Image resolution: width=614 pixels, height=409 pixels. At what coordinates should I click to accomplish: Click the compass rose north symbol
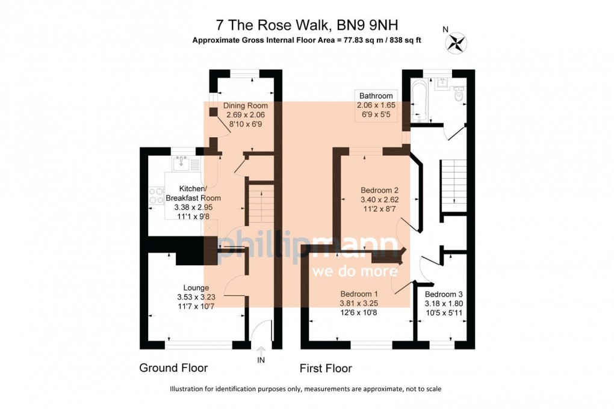tap(455, 42)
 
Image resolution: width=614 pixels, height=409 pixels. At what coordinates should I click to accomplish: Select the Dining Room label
tap(245, 105)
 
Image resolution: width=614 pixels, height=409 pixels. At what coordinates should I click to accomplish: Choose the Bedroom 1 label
tap(359, 294)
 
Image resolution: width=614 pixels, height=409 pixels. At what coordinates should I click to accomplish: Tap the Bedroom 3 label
tap(444, 294)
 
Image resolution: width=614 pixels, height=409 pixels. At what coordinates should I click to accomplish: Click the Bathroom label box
tap(376, 96)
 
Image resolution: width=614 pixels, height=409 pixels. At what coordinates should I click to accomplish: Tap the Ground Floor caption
tap(173, 368)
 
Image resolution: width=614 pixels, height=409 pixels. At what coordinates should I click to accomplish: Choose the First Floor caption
tap(326, 368)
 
